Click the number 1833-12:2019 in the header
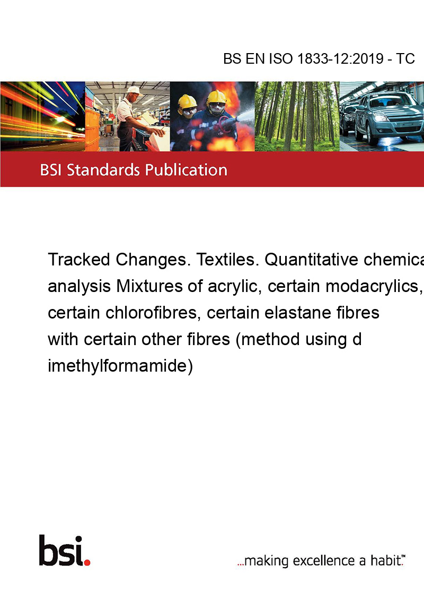click(340, 58)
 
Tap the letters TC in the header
click(405, 58)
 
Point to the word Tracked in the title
click(79, 260)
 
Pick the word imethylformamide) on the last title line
click(120, 366)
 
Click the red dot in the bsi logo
click(87, 562)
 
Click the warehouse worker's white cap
click(134, 90)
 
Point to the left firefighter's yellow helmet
click(187, 101)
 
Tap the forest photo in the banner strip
click(297, 116)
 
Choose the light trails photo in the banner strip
click(42, 116)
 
